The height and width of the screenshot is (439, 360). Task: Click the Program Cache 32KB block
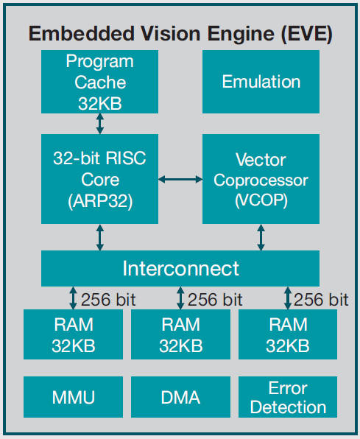(99, 82)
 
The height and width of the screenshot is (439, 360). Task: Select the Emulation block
(261, 82)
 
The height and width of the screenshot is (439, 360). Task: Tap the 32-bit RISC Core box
(99, 179)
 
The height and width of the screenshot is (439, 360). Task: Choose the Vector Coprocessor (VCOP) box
(261, 179)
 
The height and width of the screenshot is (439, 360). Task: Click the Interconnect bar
(180, 268)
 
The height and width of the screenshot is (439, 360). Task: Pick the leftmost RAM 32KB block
(73, 334)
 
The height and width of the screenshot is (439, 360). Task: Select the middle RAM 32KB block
(180, 334)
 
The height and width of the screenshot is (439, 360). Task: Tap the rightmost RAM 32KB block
(288, 334)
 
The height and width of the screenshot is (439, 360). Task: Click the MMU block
(73, 397)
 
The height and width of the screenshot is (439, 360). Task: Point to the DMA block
(180, 397)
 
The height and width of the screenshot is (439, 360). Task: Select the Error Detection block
(288, 397)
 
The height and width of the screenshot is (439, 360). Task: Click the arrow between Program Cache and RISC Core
(99, 124)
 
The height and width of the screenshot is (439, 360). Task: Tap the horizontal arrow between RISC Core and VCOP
(180, 179)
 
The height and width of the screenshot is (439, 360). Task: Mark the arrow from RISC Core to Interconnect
(99, 237)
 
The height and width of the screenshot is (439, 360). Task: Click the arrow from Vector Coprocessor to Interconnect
(261, 237)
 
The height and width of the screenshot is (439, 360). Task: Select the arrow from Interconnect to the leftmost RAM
(73, 298)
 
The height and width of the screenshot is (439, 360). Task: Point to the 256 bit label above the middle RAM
(215, 300)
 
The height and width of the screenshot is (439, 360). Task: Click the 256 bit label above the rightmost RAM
(321, 300)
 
